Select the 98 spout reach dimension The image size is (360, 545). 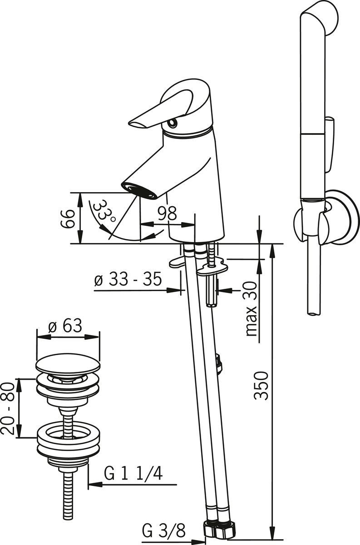click(167, 213)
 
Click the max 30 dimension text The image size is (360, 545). click(252, 309)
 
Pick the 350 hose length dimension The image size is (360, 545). click(261, 385)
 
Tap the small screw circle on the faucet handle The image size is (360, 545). click(173, 124)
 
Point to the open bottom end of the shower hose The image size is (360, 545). click(314, 314)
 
